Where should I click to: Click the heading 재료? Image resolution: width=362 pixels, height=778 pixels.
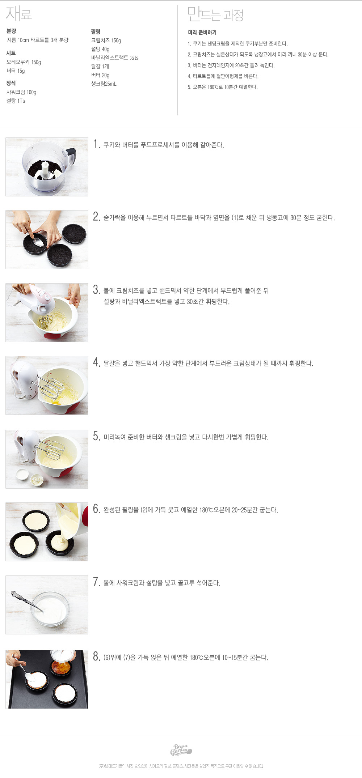[19, 14]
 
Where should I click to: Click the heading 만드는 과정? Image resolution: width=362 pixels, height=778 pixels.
[215, 14]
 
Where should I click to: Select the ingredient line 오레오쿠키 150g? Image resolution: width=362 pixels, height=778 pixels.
[24, 62]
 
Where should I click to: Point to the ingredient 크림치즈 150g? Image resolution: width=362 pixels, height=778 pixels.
[106, 41]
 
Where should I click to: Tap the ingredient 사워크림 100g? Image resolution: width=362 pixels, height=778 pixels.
[21, 92]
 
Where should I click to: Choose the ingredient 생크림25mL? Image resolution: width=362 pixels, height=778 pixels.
[104, 84]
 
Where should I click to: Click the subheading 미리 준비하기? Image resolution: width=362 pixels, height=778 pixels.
[202, 33]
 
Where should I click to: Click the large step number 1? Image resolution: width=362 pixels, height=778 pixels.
[96, 144]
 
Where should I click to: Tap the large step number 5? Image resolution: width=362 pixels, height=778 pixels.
[97, 436]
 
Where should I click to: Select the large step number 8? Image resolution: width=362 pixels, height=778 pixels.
[97, 656]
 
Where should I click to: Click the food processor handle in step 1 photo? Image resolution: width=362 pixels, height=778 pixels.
[71, 156]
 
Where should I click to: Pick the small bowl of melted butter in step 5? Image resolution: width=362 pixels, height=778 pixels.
[22, 474]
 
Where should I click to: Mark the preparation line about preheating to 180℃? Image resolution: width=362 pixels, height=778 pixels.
[223, 87]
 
